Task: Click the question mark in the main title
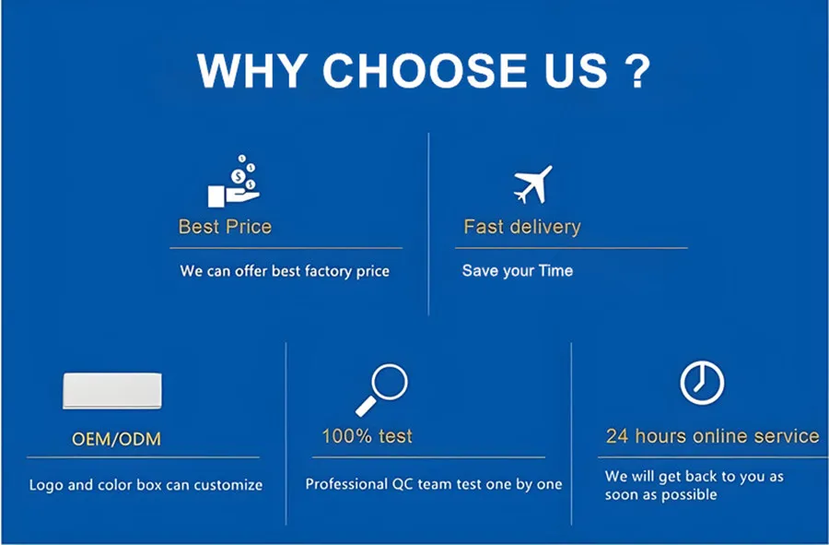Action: [x=637, y=70]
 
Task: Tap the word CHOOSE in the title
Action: [x=425, y=70]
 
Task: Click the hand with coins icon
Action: [x=234, y=181]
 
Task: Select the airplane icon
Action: [x=533, y=184]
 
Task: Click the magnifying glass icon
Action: [x=381, y=389]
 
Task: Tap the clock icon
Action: [x=702, y=383]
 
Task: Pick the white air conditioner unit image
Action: [x=112, y=390]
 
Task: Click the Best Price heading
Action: [x=226, y=227]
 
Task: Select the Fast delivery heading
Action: [x=522, y=227]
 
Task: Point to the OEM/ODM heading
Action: [x=116, y=439]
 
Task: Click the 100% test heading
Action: [x=367, y=436]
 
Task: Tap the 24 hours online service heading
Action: [x=713, y=436]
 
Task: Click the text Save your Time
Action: [x=518, y=271]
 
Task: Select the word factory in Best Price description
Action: [x=328, y=271]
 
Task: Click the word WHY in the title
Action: [x=252, y=70]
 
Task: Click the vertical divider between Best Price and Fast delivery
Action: [x=428, y=224]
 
